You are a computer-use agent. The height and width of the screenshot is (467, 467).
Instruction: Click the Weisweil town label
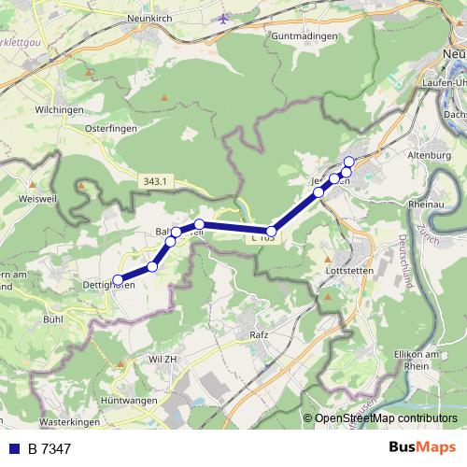click(39, 199)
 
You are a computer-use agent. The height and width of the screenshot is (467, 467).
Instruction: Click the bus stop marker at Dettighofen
click(118, 279)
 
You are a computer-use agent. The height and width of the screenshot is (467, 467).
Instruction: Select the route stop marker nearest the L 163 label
click(272, 231)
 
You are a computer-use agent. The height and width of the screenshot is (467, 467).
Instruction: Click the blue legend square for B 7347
click(14, 449)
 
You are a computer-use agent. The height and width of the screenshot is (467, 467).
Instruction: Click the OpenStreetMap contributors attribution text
click(385, 419)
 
